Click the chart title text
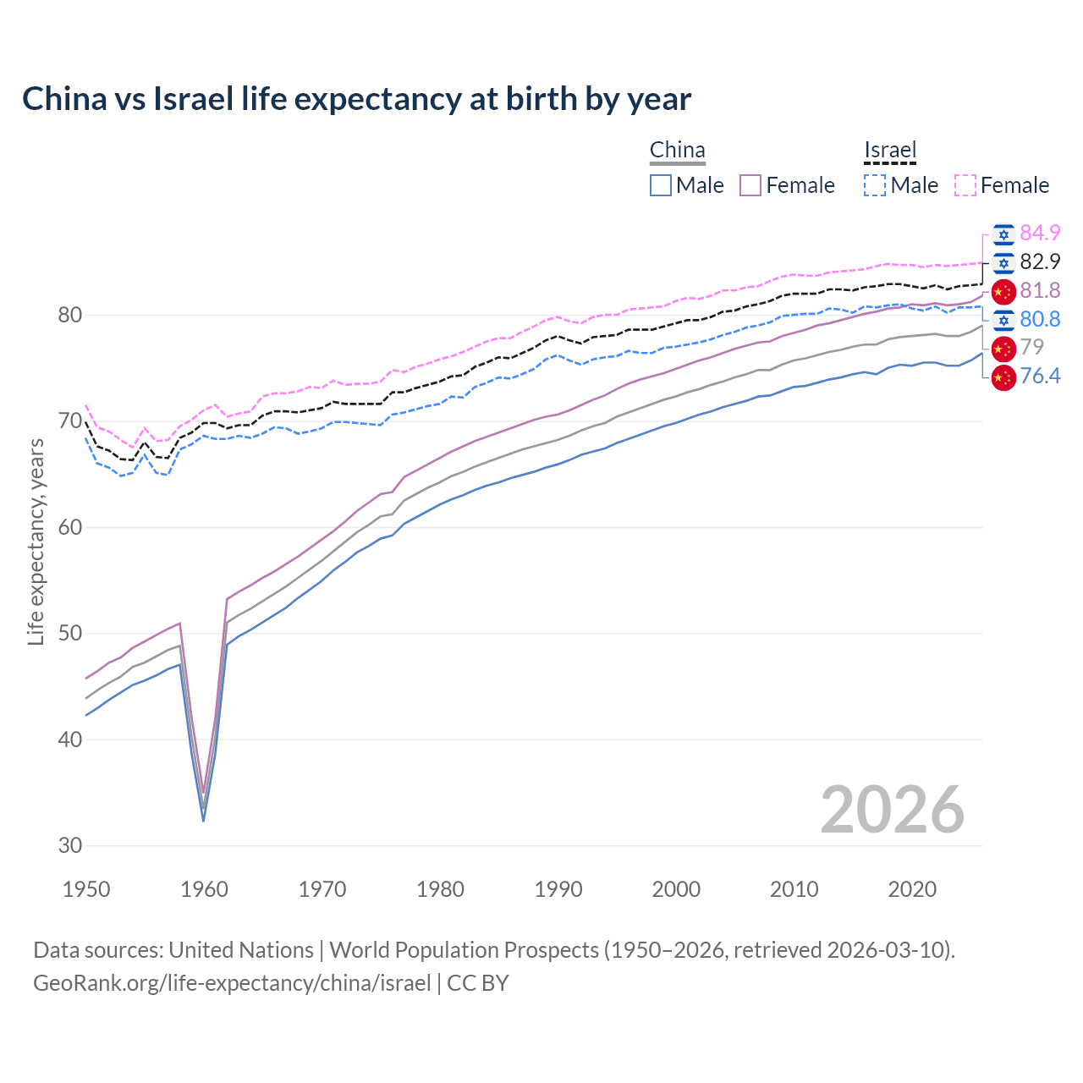tap(356, 99)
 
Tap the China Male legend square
tap(661, 185)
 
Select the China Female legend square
tap(750, 185)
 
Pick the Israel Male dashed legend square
tap(875, 185)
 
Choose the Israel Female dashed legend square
tap(965, 185)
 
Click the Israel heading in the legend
tap(890, 151)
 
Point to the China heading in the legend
tap(677, 151)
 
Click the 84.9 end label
tap(1040, 233)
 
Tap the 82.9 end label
tap(1040, 261)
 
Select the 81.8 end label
tap(1040, 290)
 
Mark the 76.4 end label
tap(1040, 376)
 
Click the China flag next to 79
tap(1003, 348)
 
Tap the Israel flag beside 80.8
tap(1003, 319)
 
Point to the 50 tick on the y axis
tap(70, 633)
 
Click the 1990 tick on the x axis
tap(558, 889)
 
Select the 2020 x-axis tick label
tap(912, 889)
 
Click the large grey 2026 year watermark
tap(893, 810)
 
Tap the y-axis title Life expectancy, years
tap(36, 541)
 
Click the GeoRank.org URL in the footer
tap(232, 982)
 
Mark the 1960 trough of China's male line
tap(203, 820)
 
